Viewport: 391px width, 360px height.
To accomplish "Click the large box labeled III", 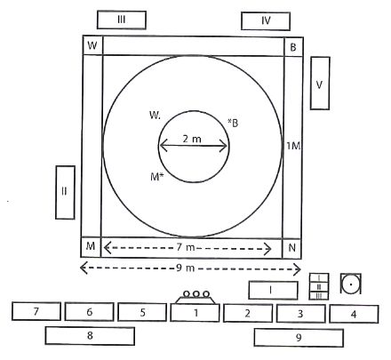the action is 122,20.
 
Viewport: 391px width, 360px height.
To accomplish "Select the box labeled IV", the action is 266,21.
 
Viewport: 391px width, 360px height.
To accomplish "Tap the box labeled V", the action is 320,84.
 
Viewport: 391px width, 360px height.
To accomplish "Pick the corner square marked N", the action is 292,248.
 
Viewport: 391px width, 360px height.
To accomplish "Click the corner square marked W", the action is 92,45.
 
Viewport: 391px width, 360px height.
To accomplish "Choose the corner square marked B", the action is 293,46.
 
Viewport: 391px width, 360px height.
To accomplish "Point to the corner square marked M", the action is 91,246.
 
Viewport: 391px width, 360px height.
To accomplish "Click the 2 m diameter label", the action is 192,139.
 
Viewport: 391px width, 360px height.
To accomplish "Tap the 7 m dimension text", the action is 186,247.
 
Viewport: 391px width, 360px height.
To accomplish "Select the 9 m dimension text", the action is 186,268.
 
